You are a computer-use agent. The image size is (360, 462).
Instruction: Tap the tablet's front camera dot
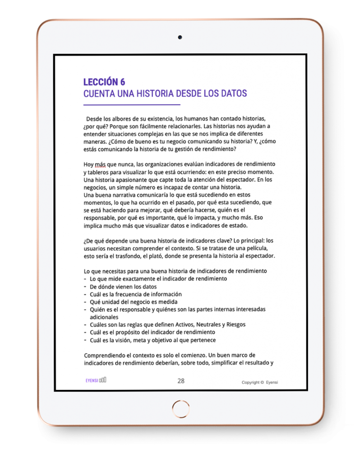[x=180, y=37]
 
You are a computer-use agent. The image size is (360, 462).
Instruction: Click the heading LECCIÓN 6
[x=104, y=82]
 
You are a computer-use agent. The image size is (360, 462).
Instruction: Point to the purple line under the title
[x=132, y=105]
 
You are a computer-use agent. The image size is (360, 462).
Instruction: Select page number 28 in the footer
[x=181, y=381]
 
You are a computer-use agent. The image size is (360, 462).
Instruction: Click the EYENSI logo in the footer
[x=96, y=380]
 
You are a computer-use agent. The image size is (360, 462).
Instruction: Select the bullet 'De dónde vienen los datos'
[x=123, y=286]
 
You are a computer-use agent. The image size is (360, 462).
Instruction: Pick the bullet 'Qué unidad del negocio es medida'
[x=134, y=302]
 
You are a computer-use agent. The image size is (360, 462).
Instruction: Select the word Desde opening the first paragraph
[x=95, y=118]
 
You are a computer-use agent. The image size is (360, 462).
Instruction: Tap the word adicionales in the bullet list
[x=104, y=317]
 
